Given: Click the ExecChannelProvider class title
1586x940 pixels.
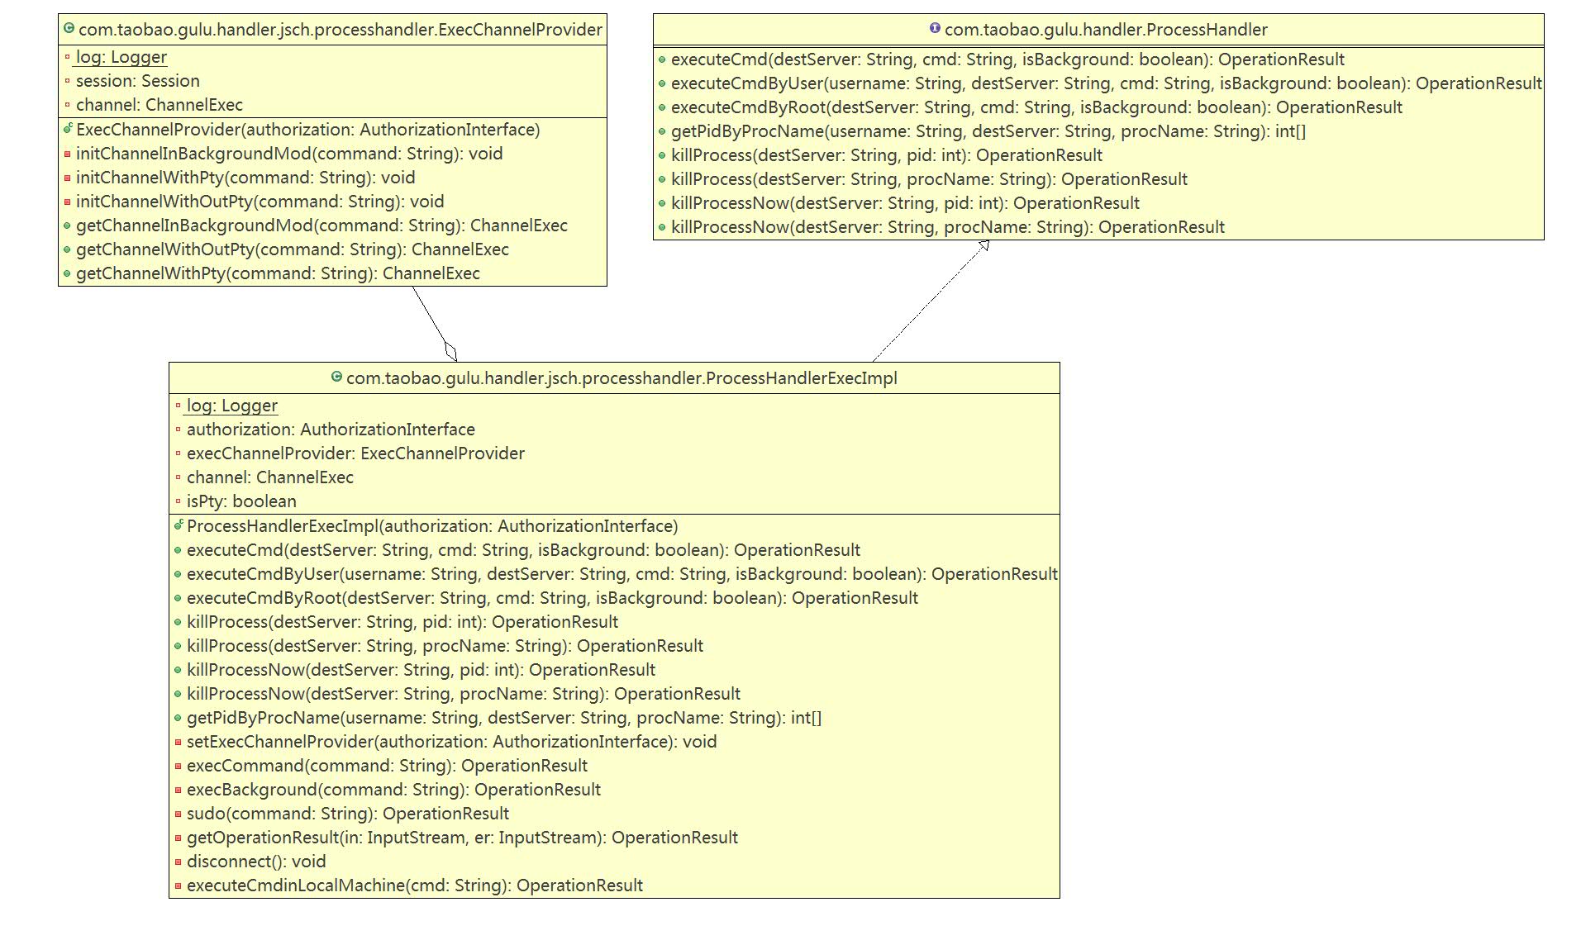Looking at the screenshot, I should coord(340,30).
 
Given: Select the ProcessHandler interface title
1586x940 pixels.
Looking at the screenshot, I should coord(1105,30).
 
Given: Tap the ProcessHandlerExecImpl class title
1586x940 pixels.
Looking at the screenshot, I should coord(621,378).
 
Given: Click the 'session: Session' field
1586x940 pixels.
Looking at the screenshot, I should coord(137,81).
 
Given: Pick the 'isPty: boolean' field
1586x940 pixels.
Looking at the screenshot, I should coord(241,501).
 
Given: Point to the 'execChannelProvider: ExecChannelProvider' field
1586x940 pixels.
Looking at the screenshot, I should coord(355,453).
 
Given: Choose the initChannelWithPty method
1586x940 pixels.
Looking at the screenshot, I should coord(245,178).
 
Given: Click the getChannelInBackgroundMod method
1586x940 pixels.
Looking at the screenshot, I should coord(321,226).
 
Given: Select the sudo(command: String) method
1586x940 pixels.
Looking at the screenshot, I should coord(347,814).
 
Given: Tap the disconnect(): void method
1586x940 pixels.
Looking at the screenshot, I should coord(256,862).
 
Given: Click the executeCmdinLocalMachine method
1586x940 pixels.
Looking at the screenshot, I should coord(414,885).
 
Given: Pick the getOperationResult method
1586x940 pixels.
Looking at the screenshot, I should coord(462,838).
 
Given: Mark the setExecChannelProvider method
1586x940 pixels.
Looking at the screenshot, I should coord(451,742).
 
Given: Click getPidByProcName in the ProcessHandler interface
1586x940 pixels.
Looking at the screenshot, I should coord(988,131).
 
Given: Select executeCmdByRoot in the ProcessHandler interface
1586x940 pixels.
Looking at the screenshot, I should coord(1036,107).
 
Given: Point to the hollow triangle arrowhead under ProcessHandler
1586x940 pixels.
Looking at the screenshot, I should coord(984,245).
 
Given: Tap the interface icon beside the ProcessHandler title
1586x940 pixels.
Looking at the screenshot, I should coord(935,28).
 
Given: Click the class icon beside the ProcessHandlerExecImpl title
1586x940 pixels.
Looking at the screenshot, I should coord(336,377).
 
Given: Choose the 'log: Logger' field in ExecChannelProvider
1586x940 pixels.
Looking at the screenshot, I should coord(121,57).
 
